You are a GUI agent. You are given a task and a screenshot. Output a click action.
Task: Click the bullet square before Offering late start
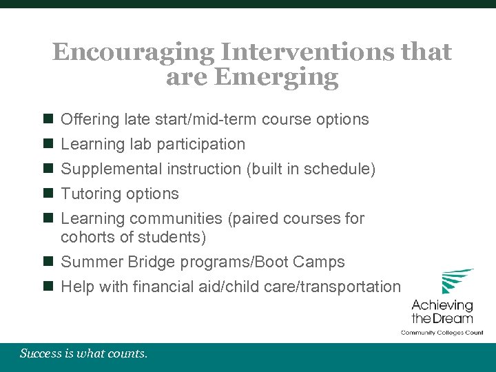click(48, 119)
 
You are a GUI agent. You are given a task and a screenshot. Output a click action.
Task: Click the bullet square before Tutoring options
click(48, 194)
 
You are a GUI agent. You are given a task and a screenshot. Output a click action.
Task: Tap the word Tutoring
click(90, 194)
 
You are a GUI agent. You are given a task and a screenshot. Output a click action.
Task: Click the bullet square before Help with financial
click(48, 287)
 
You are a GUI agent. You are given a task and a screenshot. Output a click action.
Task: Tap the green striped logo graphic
click(457, 281)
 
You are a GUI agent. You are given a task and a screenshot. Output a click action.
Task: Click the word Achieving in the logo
click(442, 305)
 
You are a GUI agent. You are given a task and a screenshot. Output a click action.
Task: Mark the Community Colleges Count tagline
click(442, 333)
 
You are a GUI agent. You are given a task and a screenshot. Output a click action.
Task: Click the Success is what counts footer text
click(83, 354)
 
